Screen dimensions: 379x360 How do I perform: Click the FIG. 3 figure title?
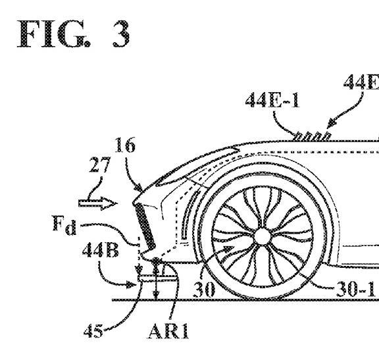point(74,34)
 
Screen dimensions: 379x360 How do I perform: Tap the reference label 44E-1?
point(272,100)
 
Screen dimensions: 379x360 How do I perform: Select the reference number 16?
point(125,145)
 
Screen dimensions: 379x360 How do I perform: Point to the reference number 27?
point(100,165)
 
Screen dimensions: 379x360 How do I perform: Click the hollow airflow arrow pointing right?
point(97,203)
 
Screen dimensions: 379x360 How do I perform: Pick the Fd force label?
point(64,226)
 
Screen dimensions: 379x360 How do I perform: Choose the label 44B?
point(100,249)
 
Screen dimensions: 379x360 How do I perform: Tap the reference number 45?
point(93,330)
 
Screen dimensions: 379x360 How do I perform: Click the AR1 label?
point(168,331)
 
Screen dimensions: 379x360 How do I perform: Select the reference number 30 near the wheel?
point(204,289)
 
